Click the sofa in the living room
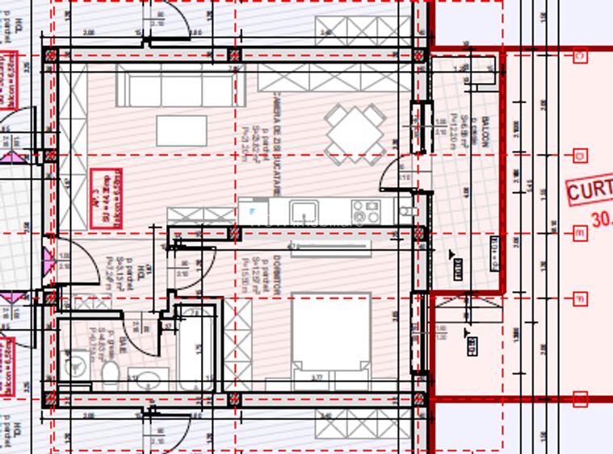tap(179, 87)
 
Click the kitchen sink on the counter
tap(304, 212)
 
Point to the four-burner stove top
tap(365, 211)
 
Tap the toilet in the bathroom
tap(110, 373)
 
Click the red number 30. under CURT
tap(601, 218)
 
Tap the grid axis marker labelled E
tap(580, 233)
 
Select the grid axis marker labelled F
tap(580, 299)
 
